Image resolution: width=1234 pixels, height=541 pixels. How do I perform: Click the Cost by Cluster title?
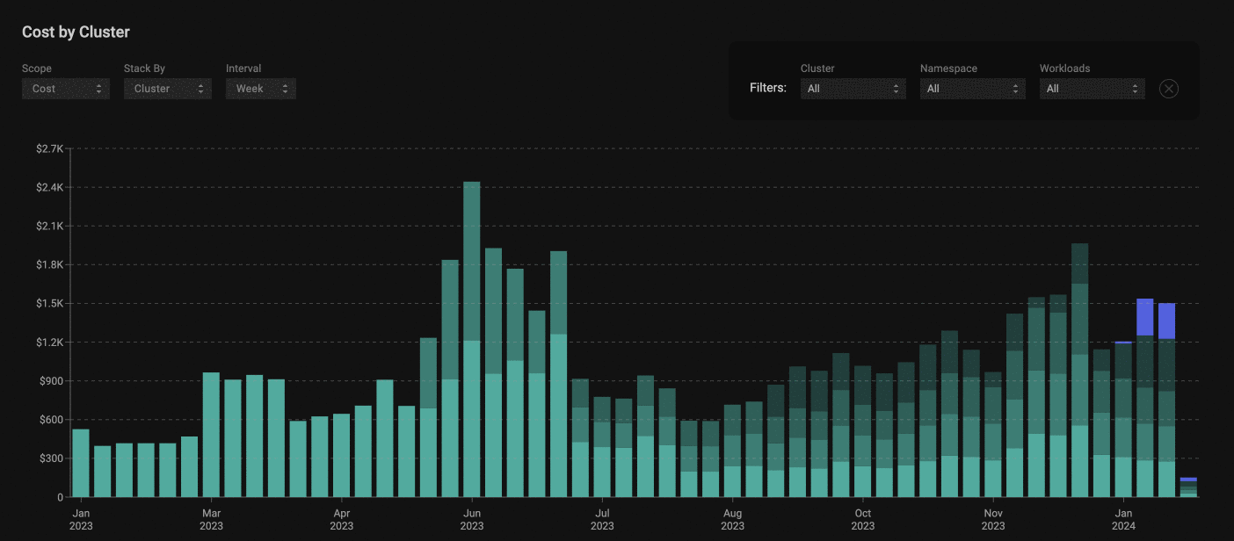click(76, 32)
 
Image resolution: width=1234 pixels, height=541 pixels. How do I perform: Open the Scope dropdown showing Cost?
click(66, 89)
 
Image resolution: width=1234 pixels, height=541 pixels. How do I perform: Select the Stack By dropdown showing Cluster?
click(168, 89)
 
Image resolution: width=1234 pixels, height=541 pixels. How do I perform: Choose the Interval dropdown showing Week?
click(261, 89)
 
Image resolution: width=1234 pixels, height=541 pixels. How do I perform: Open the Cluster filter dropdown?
click(853, 89)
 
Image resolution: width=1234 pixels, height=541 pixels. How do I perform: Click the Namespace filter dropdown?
click(972, 89)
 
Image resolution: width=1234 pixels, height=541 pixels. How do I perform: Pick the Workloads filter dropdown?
click(1092, 89)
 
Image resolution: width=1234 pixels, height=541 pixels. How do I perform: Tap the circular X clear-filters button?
click(1168, 89)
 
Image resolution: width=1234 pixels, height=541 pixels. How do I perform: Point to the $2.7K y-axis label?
click(49, 149)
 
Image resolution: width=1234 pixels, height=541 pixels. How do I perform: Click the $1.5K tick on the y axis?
click(49, 304)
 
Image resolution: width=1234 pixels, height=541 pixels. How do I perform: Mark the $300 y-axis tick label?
click(49, 458)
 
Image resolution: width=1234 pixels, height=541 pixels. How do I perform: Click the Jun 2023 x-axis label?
click(472, 519)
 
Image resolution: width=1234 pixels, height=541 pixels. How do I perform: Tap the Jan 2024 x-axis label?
click(1123, 519)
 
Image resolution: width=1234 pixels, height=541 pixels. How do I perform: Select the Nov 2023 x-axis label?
click(993, 519)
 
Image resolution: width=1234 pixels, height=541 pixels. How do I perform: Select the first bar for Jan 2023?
click(81, 463)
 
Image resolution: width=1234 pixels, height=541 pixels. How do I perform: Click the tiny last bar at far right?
click(1188, 488)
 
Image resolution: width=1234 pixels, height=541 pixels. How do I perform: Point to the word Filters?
click(768, 89)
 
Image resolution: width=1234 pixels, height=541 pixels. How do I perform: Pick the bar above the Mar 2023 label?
click(211, 435)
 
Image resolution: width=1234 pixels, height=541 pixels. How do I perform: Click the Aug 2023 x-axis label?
click(732, 519)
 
